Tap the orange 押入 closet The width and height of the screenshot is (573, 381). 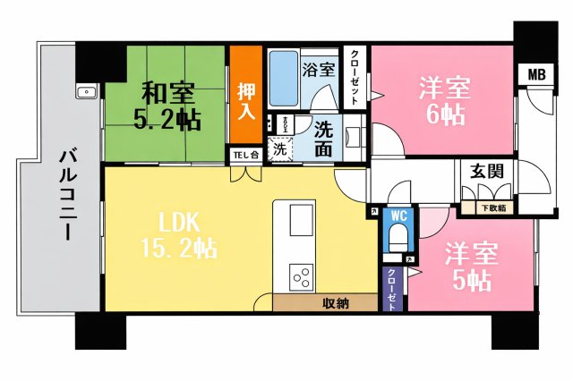tap(245, 100)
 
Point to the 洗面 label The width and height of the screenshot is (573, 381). tap(323, 139)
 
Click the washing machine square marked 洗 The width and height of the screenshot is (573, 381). tap(281, 148)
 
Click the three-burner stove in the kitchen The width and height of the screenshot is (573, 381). tap(301, 275)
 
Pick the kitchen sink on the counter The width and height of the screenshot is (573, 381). tap(302, 218)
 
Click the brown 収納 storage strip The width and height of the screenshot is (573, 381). tap(336, 303)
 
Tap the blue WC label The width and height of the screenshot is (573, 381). tap(398, 216)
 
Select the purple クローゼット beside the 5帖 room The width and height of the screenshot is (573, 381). tap(392, 289)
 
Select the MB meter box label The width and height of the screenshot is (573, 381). tap(536, 74)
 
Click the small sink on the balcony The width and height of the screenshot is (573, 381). tap(87, 91)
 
